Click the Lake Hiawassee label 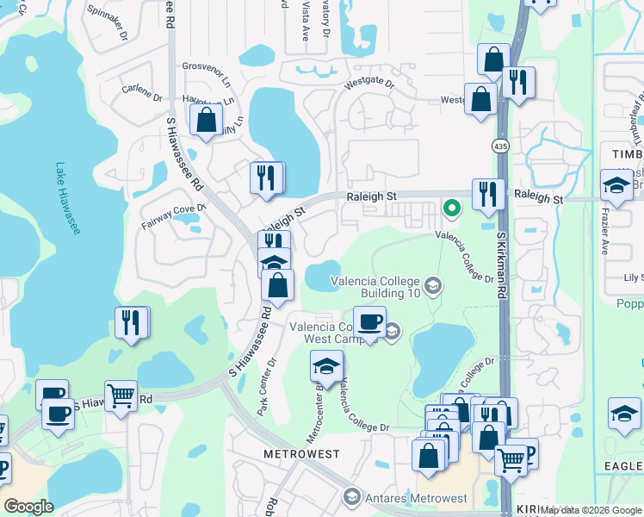point(65,196)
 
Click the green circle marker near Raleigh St point(449,208)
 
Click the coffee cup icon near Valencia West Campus point(369,323)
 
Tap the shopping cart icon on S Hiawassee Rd point(121,396)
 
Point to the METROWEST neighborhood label point(301,453)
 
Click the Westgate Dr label point(368,84)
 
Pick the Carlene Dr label point(142,90)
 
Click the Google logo point(29,507)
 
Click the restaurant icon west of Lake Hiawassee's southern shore point(131,322)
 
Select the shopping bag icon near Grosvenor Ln point(207,120)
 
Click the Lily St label point(634,278)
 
